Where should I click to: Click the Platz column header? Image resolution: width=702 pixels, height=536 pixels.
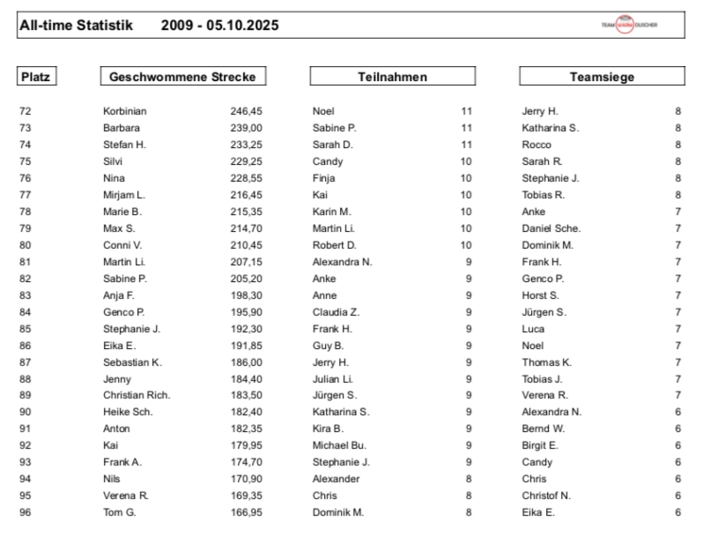35,77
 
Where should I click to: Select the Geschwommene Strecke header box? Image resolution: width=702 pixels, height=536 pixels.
182,77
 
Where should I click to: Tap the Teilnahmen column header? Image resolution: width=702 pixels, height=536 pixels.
392,77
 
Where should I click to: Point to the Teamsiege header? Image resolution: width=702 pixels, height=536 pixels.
602,77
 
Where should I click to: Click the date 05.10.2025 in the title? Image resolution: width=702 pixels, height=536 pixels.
243,26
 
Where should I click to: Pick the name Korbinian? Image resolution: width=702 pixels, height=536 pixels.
125,111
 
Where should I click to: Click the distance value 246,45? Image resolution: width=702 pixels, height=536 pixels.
247,111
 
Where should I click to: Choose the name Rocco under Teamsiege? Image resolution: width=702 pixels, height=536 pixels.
536,145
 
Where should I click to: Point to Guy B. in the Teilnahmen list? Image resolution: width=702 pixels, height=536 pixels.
328,346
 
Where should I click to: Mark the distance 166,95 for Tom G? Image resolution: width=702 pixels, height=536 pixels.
247,512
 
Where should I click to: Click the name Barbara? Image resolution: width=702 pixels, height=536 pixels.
122,128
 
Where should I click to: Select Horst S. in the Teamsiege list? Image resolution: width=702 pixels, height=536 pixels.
540,295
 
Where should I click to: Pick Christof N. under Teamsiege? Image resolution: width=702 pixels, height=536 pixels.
546,495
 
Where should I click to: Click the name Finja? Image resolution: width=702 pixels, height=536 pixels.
323,178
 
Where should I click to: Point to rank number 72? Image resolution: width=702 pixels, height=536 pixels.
25,111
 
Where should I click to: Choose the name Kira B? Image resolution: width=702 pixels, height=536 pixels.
328,428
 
